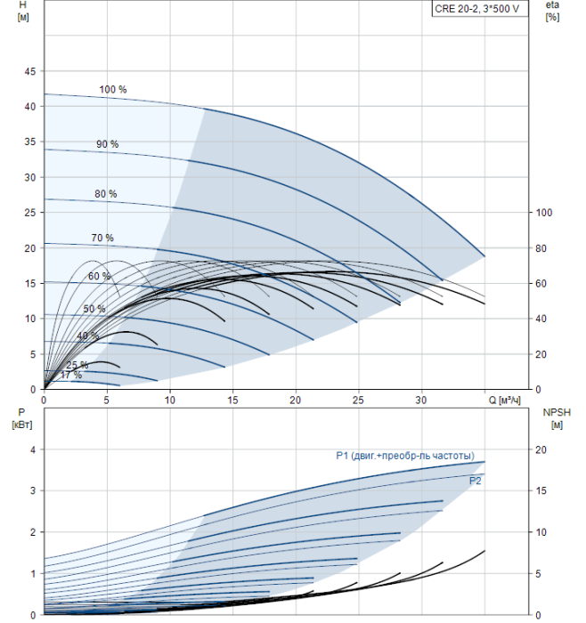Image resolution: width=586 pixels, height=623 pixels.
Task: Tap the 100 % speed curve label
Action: tap(113, 90)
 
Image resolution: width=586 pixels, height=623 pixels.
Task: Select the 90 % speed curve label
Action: tap(107, 144)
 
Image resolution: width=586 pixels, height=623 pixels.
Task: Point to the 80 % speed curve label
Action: tap(105, 194)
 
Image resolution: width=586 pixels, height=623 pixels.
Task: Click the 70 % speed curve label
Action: tap(102, 238)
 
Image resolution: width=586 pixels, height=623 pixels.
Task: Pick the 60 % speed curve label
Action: tap(100, 276)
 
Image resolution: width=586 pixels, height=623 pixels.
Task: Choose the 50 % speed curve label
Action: tap(94, 309)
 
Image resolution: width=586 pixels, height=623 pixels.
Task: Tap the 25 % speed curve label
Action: tap(77, 365)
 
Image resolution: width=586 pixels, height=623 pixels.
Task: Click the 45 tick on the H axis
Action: tap(29, 71)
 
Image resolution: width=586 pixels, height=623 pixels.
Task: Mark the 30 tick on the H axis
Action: tap(29, 177)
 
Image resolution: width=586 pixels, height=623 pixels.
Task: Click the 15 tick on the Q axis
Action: tap(232, 400)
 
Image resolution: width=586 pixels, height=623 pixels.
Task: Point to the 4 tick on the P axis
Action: tap(32, 450)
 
